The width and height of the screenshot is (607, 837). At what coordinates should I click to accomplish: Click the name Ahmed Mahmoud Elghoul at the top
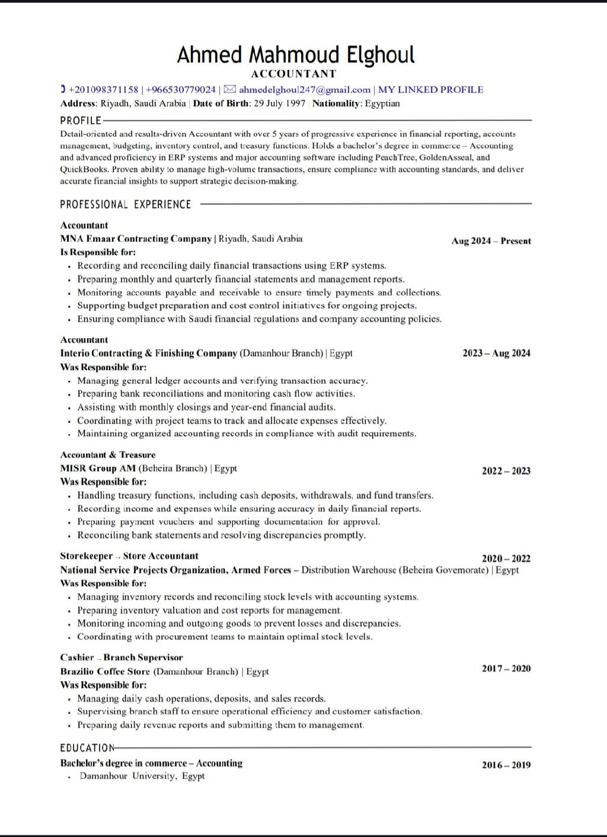coord(296,54)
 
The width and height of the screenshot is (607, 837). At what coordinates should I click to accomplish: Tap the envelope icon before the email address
coord(230,89)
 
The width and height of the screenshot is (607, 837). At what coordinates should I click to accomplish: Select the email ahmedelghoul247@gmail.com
coord(305,90)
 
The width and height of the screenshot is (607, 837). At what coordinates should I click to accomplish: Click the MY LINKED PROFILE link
coord(430,90)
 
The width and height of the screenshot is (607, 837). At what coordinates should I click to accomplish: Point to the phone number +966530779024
coord(181,90)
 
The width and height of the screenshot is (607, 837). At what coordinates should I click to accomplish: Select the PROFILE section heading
coord(81,121)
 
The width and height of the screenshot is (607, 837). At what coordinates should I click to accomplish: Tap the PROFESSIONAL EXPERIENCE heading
coord(126,204)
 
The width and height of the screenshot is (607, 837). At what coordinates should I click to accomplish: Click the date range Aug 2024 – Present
coord(491,241)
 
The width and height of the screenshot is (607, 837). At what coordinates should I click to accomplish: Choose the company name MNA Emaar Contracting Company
coord(136,239)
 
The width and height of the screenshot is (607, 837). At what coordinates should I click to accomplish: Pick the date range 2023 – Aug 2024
coord(496,354)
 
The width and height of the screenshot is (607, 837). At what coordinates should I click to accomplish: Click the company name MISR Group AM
coord(98,469)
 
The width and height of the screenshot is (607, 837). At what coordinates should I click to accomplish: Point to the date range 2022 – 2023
coord(506,472)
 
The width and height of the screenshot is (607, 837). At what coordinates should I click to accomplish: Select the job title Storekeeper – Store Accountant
coord(129,556)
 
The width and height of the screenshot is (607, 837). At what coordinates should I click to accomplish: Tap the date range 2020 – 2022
coord(506,559)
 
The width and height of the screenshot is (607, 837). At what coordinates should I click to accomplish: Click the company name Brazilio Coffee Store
coord(105,672)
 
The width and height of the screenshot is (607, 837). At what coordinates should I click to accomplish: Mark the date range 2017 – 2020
coord(506,669)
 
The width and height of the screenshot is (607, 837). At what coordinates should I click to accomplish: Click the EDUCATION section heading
coord(87,748)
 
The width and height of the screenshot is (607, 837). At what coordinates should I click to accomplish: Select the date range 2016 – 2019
coord(506,765)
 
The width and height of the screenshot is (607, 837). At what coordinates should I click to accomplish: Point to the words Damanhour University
coord(128,777)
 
